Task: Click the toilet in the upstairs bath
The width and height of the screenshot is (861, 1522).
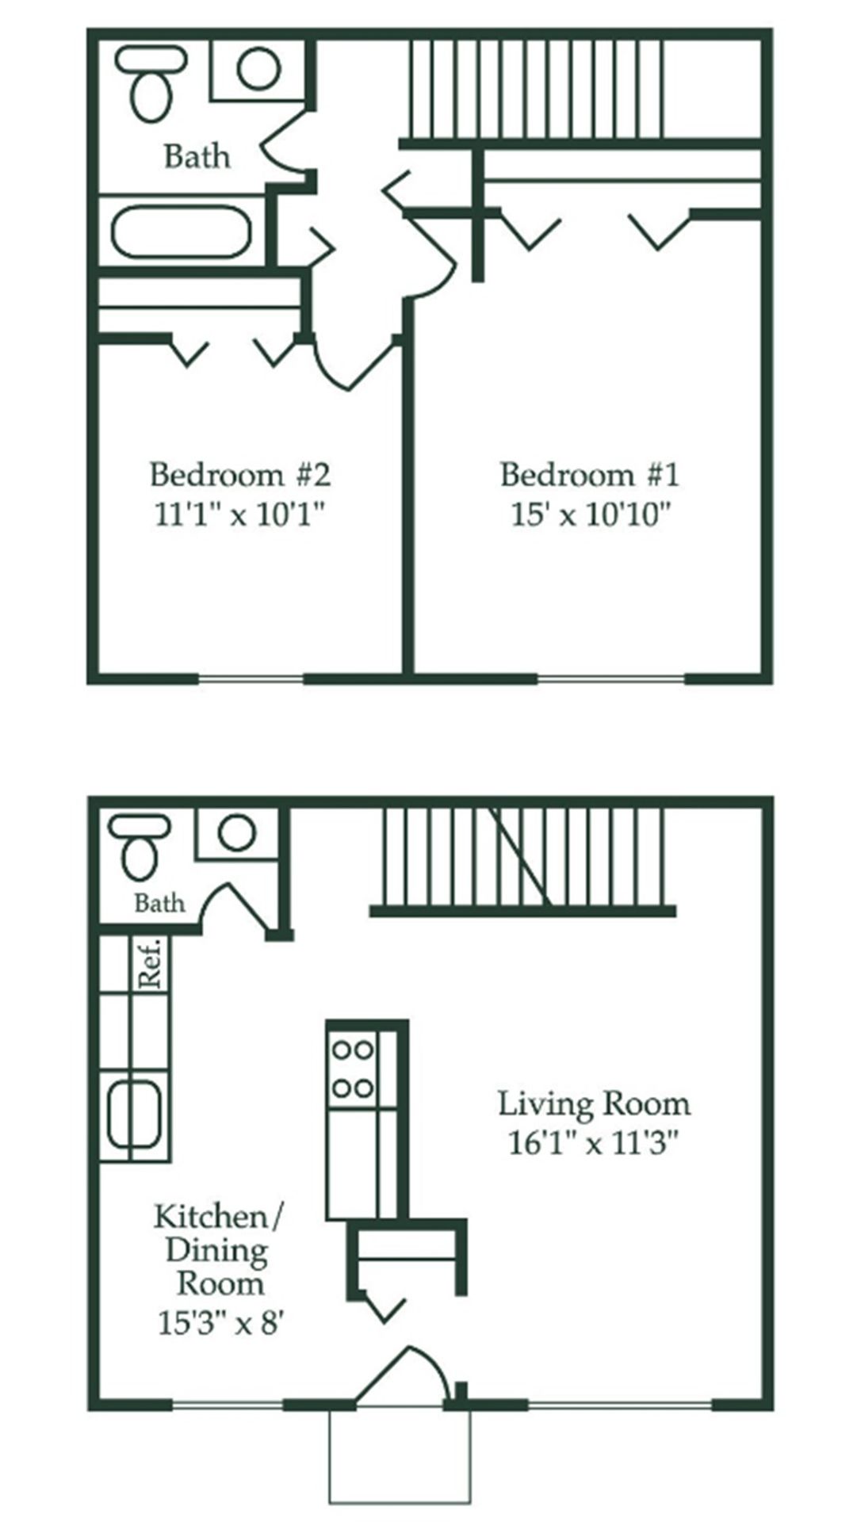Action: (151, 87)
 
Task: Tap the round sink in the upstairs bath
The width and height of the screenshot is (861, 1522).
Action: (258, 68)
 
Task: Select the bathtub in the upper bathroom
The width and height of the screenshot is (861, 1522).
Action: (182, 232)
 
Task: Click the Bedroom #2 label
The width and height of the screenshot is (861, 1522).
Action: (239, 475)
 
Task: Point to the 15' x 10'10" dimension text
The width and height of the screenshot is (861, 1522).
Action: (591, 516)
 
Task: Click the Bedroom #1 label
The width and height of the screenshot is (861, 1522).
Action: (590, 475)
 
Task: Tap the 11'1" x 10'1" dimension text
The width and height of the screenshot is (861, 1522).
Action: (239, 516)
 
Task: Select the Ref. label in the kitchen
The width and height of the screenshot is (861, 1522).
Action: (151, 963)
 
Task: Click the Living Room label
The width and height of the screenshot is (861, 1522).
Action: (594, 1103)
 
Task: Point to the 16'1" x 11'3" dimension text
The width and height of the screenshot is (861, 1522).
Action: (594, 1145)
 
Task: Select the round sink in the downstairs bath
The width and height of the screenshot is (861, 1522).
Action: (236, 833)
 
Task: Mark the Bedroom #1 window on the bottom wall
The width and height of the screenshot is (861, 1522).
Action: (610, 679)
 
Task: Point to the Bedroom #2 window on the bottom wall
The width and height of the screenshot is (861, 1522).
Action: (251, 679)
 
